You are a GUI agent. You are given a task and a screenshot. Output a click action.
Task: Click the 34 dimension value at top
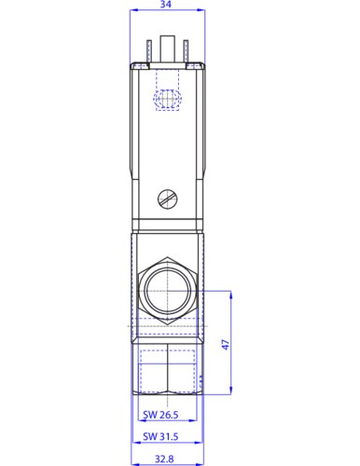(x=166, y=6)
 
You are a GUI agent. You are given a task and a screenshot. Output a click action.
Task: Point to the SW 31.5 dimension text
(x=160, y=435)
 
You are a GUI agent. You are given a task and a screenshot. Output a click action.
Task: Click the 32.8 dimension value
(x=166, y=459)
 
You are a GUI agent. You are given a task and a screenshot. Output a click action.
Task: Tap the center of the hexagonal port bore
(x=167, y=290)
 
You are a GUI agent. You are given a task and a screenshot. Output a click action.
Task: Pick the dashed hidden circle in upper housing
(x=168, y=98)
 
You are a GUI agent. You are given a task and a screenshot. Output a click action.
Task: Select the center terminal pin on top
(x=167, y=47)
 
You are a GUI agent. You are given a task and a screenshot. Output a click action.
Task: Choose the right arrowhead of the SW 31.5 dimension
(x=201, y=424)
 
